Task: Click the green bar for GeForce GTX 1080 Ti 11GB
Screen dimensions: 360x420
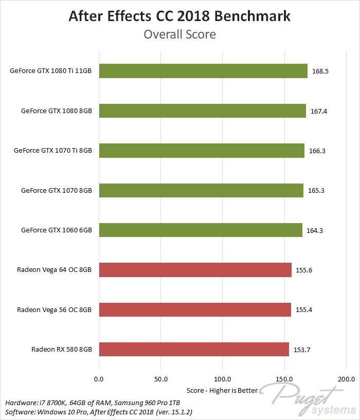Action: tap(203, 71)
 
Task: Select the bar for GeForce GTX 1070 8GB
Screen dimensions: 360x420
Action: tap(201, 190)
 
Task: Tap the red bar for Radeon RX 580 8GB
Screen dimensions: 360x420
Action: tap(194, 349)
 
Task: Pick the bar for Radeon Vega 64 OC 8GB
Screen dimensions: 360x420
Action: tap(195, 270)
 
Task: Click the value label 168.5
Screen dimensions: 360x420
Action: tap(320, 71)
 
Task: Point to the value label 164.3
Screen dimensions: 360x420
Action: tap(315, 230)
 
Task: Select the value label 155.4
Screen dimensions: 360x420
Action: tap(304, 309)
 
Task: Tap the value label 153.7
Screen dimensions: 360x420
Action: tap(302, 350)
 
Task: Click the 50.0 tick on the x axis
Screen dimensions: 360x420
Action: tap(161, 379)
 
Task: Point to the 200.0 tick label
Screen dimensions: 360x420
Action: tap(346, 379)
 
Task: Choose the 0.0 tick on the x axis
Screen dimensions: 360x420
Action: tap(99, 379)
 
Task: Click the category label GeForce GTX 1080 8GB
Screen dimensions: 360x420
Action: tap(57, 111)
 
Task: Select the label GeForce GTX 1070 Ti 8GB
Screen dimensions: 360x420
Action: tap(53, 151)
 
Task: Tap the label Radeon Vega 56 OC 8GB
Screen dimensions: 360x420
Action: tap(54, 310)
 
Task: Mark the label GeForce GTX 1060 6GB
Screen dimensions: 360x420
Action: tap(57, 230)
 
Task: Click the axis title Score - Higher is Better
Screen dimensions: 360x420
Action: tap(222, 391)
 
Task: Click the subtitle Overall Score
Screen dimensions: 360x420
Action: tap(180, 34)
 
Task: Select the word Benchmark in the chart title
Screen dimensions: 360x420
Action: tap(252, 16)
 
